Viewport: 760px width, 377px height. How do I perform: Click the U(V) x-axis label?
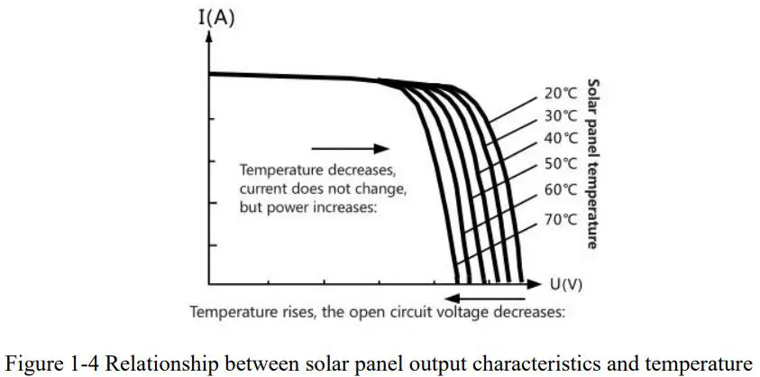click(566, 284)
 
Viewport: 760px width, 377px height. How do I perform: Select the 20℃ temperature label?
click(560, 93)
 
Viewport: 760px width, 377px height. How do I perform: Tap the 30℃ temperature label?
click(560, 115)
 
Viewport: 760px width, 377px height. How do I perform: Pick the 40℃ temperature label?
click(560, 138)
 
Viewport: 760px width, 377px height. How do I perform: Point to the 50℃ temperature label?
click(560, 163)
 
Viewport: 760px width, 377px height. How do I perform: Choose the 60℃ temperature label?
click(560, 189)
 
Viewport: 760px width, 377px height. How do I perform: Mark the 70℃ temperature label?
click(560, 219)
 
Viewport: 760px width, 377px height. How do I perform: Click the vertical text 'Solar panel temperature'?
click(592, 163)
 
